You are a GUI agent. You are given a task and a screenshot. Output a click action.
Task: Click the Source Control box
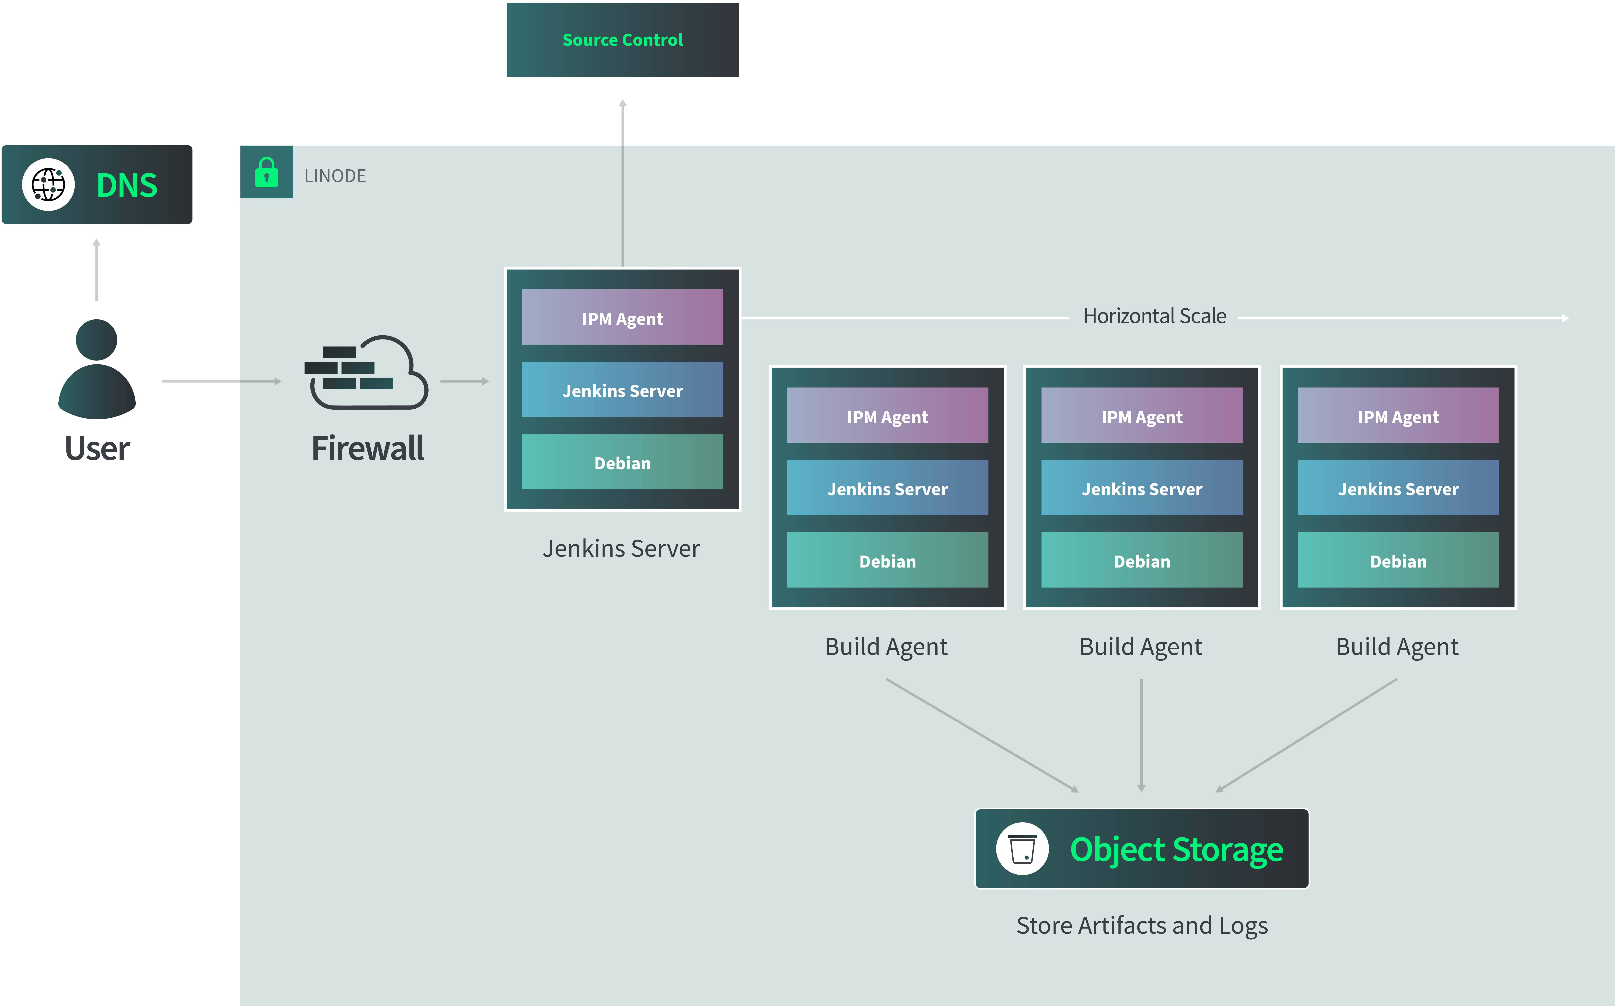point(622,40)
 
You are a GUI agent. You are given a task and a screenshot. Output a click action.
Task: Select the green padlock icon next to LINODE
point(266,172)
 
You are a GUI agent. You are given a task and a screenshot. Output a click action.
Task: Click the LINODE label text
point(335,176)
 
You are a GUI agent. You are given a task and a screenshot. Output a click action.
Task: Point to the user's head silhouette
point(97,340)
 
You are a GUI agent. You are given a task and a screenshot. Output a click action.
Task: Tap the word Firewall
point(367,448)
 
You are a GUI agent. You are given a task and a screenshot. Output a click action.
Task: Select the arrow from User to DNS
point(97,270)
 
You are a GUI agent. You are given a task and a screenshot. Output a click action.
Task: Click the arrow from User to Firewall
point(221,381)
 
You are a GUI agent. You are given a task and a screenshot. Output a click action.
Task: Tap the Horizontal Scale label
point(1154,316)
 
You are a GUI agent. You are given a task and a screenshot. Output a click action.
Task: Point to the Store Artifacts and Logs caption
point(1142,925)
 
